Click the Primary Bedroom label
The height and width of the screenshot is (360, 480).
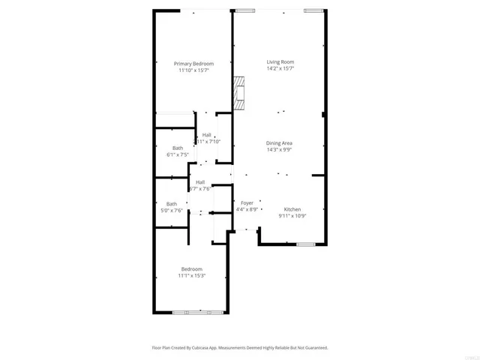click(193, 64)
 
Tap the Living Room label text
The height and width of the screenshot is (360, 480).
click(280, 61)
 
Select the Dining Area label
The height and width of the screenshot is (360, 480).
click(279, 142)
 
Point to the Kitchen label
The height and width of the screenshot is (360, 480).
click(292, 209)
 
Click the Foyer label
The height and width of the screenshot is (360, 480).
click(247, 202)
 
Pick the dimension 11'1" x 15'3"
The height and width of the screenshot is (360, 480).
click(191, 275)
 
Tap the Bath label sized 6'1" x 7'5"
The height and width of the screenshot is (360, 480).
click(177, 148)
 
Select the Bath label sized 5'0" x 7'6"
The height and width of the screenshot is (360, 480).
click(172, 203)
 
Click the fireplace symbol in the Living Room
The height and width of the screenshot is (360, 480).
click(238, 94)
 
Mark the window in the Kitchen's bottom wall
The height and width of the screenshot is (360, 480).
click(305, 244)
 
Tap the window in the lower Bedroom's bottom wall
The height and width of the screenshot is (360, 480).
click(198, 312)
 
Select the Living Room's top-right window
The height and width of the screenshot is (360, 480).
click(313, 10)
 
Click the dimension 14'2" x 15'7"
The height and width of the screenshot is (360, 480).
click(280, 68)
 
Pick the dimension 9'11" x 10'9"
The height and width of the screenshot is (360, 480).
click(292, 216)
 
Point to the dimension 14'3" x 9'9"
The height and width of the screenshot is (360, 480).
click(279, 149)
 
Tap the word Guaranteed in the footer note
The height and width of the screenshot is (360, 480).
click(313, 348)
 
